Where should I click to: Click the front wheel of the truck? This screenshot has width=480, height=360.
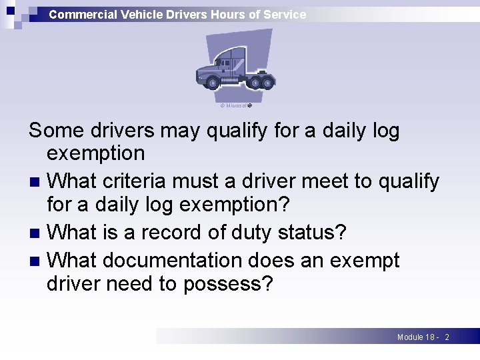coord(213,82)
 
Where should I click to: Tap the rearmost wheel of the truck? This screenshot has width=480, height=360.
coord(267,82)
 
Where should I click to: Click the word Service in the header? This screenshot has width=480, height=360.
coord(285,14)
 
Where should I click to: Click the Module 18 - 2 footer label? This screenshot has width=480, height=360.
coord(423,337)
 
